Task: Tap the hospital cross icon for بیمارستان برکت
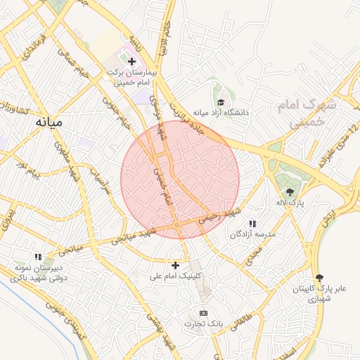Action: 131,62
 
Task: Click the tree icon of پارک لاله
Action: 290,191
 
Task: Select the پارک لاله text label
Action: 290,202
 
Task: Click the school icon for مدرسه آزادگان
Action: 252,224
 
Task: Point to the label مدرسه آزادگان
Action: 253,234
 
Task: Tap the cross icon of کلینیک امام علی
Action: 175,265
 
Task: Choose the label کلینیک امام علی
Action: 175,276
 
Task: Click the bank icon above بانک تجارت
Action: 204,313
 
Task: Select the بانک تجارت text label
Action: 204,324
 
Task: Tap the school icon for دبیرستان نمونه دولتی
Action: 39,257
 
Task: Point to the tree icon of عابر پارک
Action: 320,278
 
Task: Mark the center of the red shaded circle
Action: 181,179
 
